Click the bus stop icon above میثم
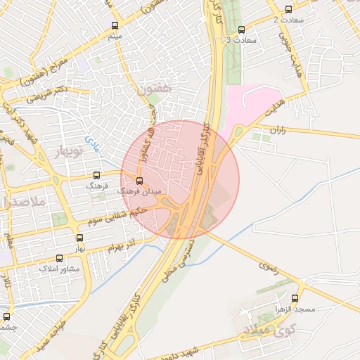tap(115, 25)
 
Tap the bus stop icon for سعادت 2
tap(289, 10)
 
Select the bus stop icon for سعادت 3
tap(242, 30)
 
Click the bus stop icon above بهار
tap(79, 238)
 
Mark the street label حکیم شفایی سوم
tap(118, 215)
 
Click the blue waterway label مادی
tap(92, 144)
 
